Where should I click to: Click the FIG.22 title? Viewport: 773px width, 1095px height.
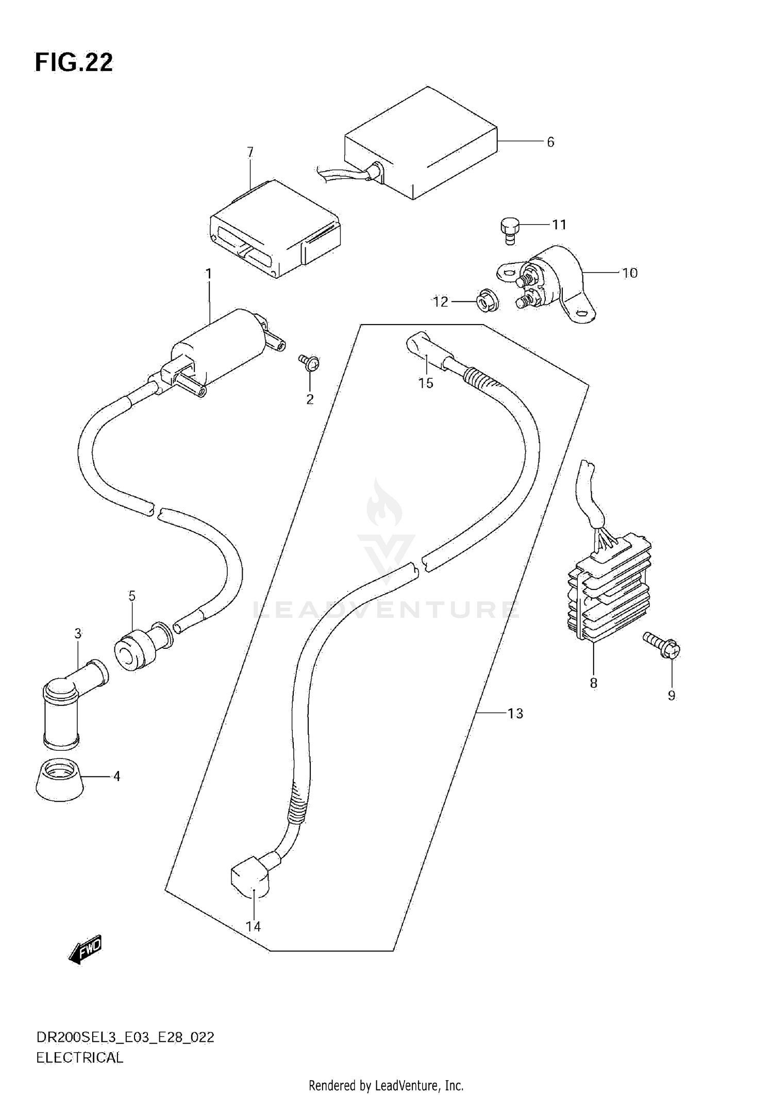74,62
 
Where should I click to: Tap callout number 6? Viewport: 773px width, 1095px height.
550,142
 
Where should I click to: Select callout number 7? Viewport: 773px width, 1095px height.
250,153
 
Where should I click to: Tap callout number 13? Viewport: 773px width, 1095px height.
515,714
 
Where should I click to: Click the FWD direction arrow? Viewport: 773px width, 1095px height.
86,949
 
